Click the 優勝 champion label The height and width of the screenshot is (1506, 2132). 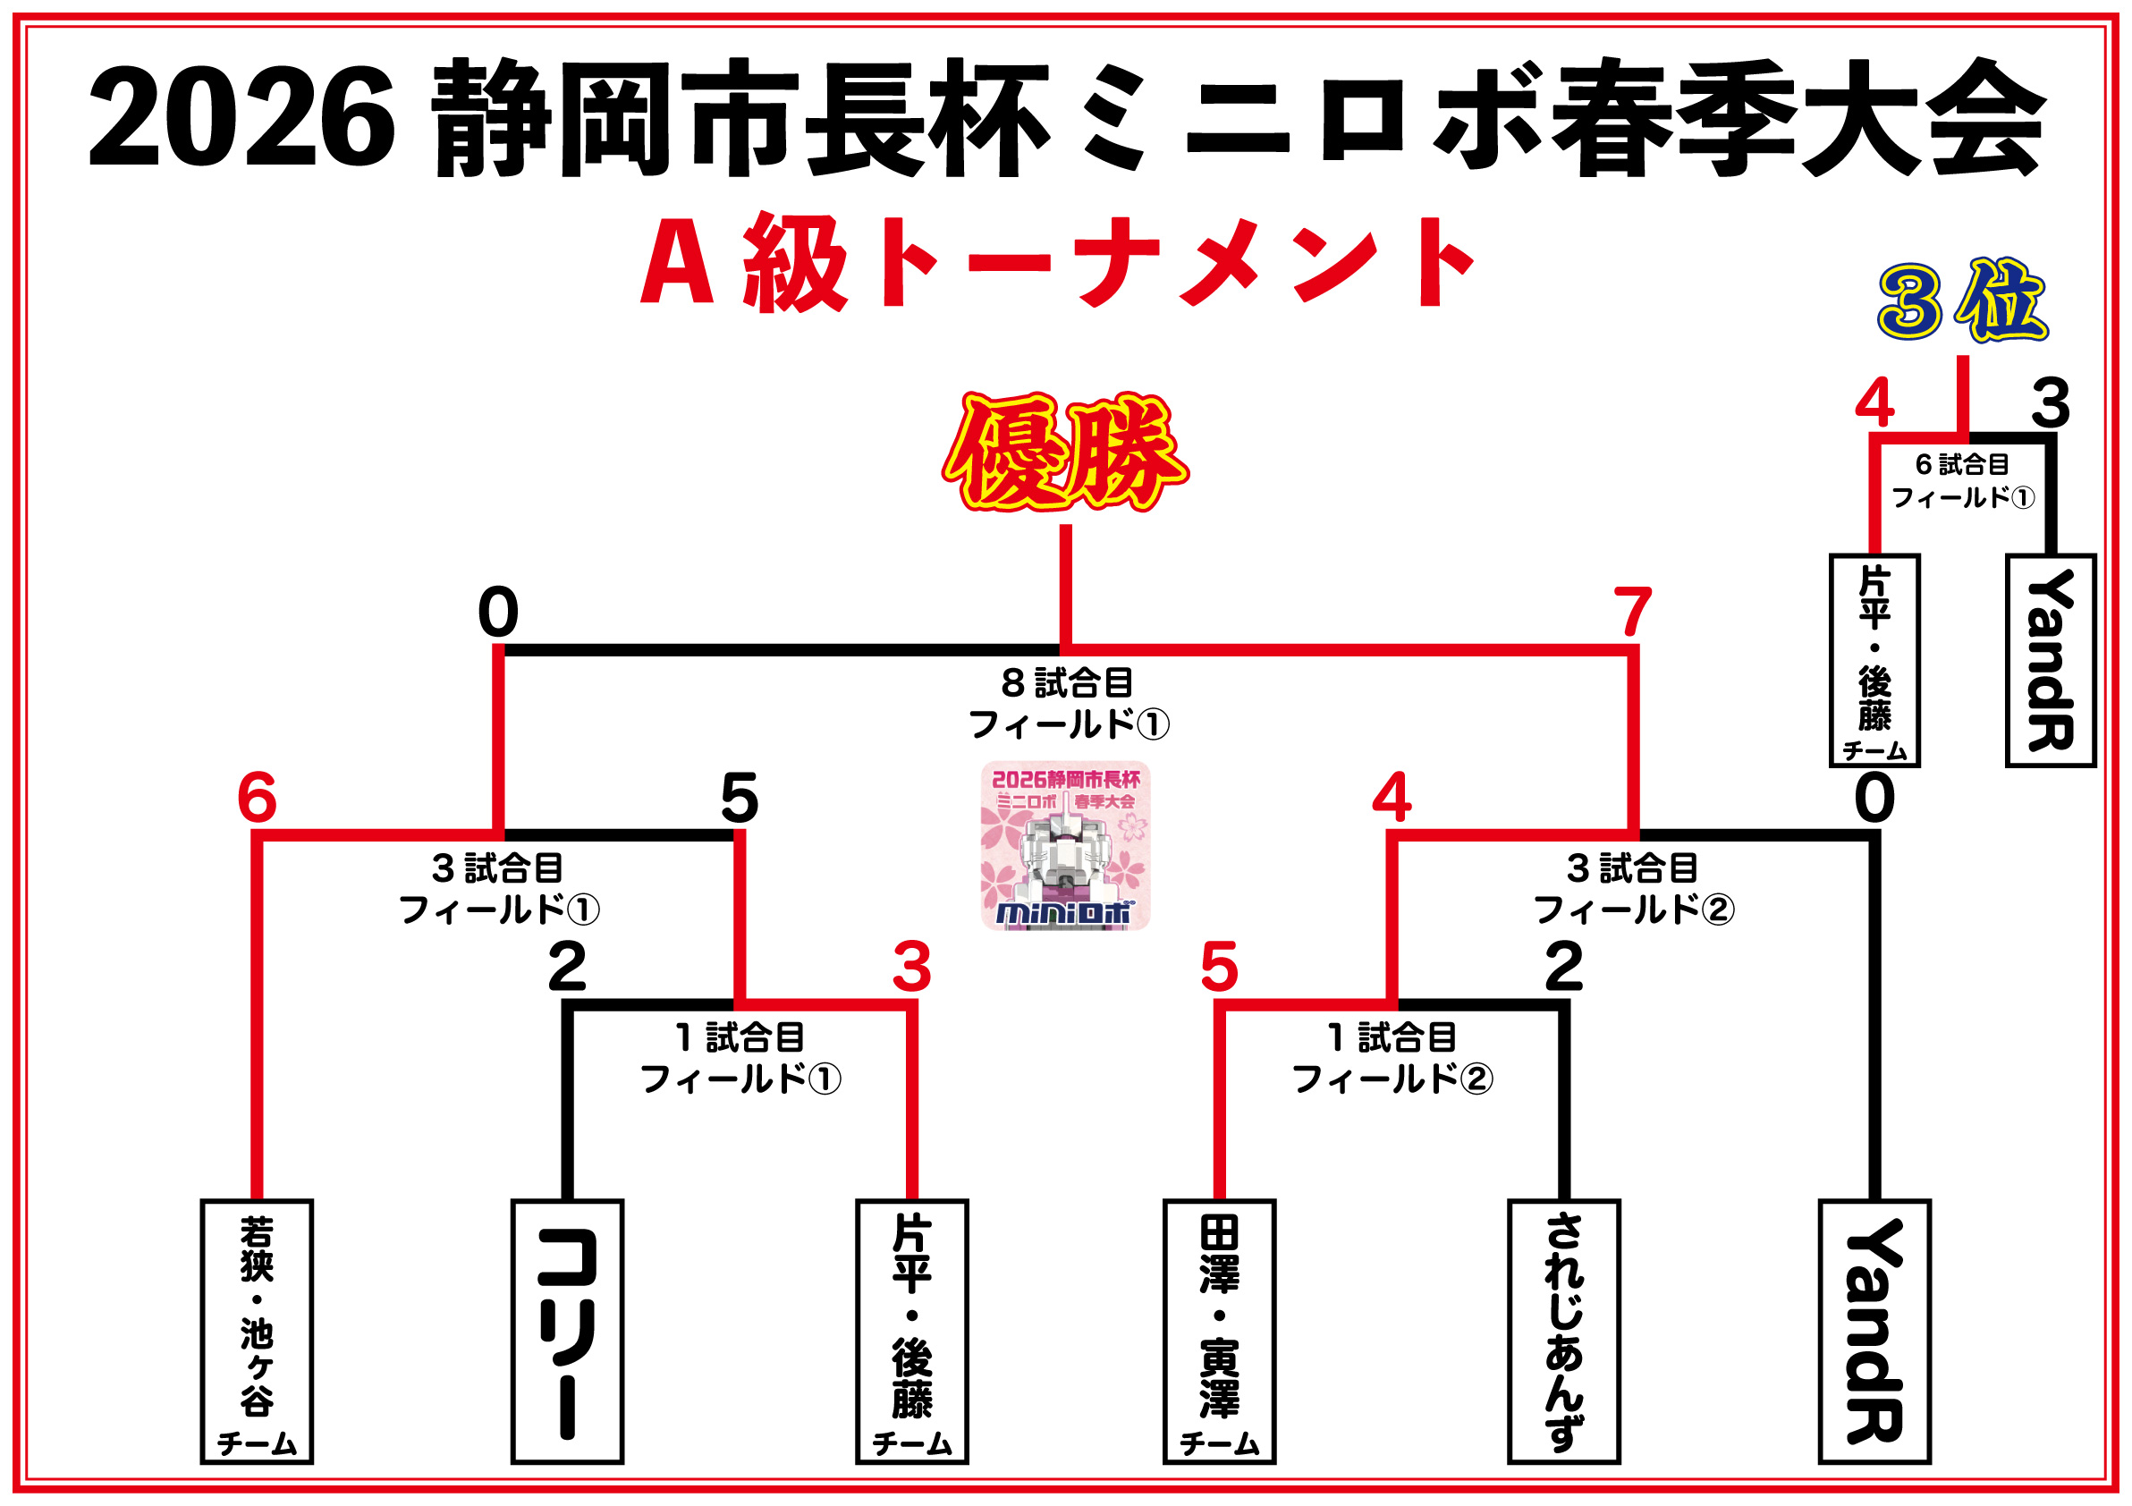point(1065,453)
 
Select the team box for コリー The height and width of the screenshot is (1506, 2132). point(566,1333)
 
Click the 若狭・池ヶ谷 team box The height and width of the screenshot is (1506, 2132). point(258,1333)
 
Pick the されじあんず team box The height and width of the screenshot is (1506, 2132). point(1564,1333)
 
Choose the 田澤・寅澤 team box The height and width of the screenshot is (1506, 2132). point(1219,1333)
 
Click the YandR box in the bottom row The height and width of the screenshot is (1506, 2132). point(1874,1333)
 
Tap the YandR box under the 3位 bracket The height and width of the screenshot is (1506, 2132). point(2051,661)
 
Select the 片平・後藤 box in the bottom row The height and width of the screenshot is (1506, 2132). point(912,1333)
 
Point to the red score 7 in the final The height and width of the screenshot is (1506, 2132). point(1632,612)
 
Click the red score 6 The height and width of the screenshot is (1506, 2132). point(258,798)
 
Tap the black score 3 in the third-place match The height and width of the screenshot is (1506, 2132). point(2051,404)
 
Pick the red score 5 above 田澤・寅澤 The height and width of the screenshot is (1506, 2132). point(1219,968)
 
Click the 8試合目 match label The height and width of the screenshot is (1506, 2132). point(1068,703)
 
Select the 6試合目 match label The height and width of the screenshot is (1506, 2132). point(1962,481)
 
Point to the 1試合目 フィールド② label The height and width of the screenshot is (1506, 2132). point(1391,1059)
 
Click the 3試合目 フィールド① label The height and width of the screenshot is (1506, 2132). point(499,889)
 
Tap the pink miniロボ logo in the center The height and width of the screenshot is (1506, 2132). point(1065,846)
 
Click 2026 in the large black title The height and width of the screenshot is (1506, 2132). point(241,118)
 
